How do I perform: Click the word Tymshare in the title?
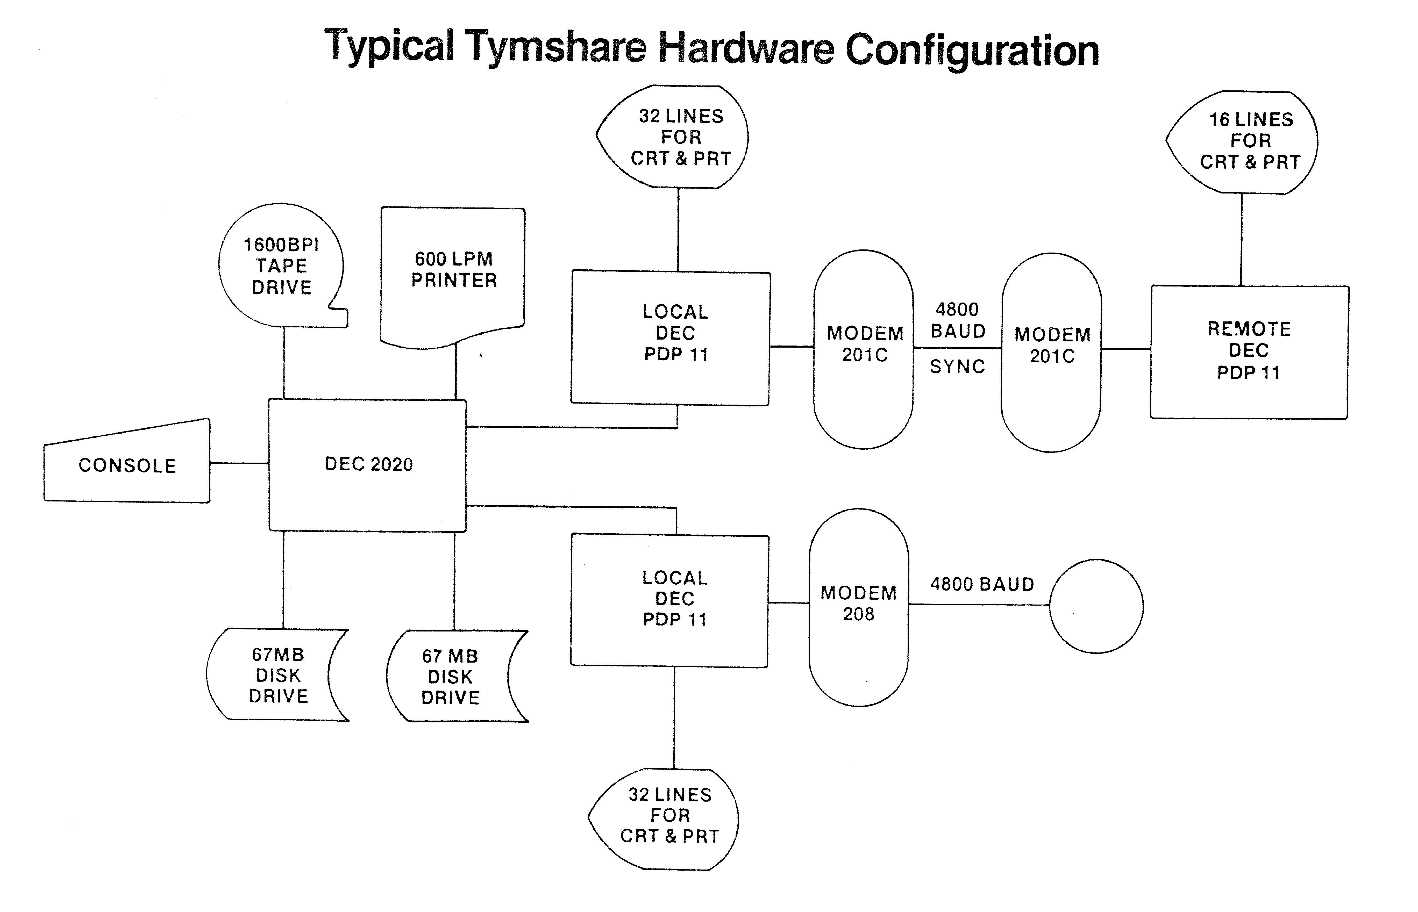[555, 47]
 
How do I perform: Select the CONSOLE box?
[127, 465]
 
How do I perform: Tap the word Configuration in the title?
[971, 50]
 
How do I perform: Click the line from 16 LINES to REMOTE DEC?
[1242, 240]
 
